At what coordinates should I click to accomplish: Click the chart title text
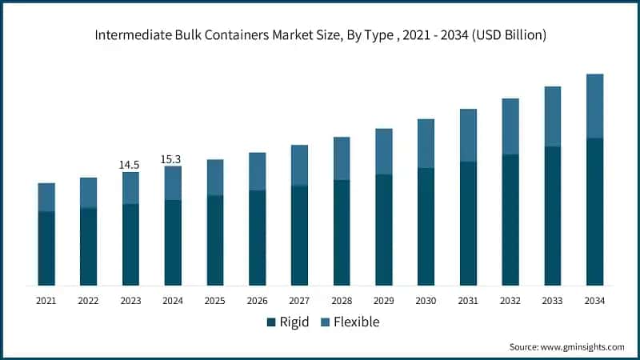[x=320, y=35]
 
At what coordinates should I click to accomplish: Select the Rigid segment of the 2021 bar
[x=46, y=248]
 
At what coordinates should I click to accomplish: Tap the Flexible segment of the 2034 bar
[x=594, y=106]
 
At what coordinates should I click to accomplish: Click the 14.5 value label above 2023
[x=130, y=165]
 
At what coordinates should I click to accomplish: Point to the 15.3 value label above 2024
[x=172, y=159]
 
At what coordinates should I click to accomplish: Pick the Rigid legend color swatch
[x=271, y=322]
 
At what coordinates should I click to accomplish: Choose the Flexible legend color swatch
[x=326, y=322]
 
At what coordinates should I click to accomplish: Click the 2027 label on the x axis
[x=299, y=301]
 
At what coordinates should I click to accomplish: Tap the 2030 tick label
[x=426, y=301]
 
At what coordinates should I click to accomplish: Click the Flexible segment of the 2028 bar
[x=342, y=158]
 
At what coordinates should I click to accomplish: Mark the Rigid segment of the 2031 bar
[x=468, y=223]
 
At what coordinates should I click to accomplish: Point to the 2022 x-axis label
[x=88, y=301]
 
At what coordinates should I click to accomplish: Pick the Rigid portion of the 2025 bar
[x=215, y=240]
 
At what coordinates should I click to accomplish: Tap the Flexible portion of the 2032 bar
[x=510, y=126]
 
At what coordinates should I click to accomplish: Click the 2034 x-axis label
[x=594, y=301]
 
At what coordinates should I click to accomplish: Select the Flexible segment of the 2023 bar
[x=130, y=188]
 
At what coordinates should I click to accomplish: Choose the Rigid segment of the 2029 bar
[x=384, y=230]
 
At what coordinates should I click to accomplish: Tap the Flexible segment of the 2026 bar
[x=257, y=171]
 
